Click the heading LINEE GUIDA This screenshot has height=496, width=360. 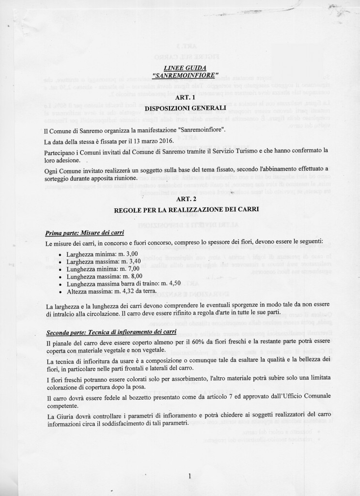pyautogui.click(x=180, y=69)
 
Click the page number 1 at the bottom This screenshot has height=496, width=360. pyautogui.click(x=188, y=476)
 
